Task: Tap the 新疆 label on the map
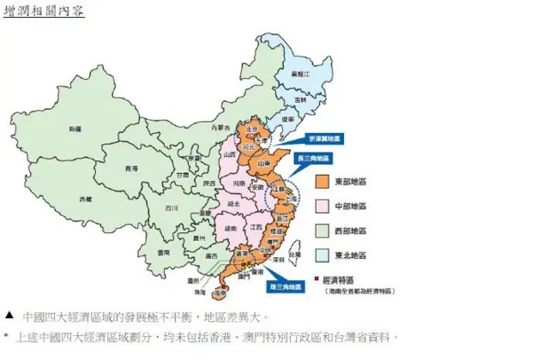75,129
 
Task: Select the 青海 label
131,168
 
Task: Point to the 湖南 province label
231,229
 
